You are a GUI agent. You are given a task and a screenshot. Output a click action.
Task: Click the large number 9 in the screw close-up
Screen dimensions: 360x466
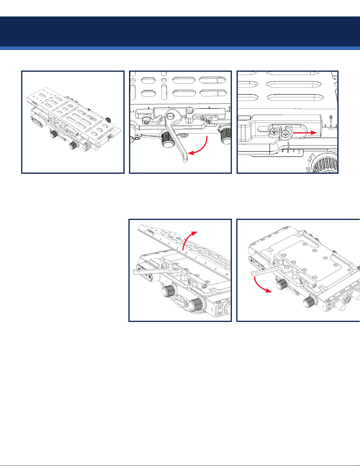(x=331, y=118)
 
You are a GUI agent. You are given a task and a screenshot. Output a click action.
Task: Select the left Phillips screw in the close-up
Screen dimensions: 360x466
(x=274, y=132)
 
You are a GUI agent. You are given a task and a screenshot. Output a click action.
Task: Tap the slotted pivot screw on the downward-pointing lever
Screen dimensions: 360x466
(x=170, y=116)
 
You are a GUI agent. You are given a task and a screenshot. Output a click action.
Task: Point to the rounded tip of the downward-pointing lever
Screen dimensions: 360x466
(x=185, y=160)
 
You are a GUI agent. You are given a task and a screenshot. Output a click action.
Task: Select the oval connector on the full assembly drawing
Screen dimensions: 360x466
(x=37, y=120)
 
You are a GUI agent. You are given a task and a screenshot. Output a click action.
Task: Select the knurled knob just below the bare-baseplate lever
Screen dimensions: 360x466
(x=282, y=284)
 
